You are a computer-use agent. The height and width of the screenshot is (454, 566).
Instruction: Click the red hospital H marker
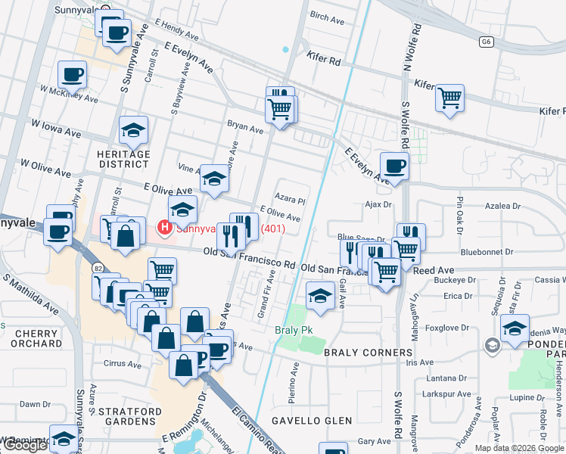coord(163,226)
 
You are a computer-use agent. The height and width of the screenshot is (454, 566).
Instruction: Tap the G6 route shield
coord(485,42)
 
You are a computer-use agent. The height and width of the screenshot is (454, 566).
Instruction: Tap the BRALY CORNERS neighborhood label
coord(369,353)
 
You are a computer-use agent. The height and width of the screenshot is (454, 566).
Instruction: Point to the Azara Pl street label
coord(290,201)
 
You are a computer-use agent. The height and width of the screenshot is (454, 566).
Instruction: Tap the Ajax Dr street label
coord(377,204)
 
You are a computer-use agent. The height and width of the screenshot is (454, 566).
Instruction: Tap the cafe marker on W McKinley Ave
coord(72,75)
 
